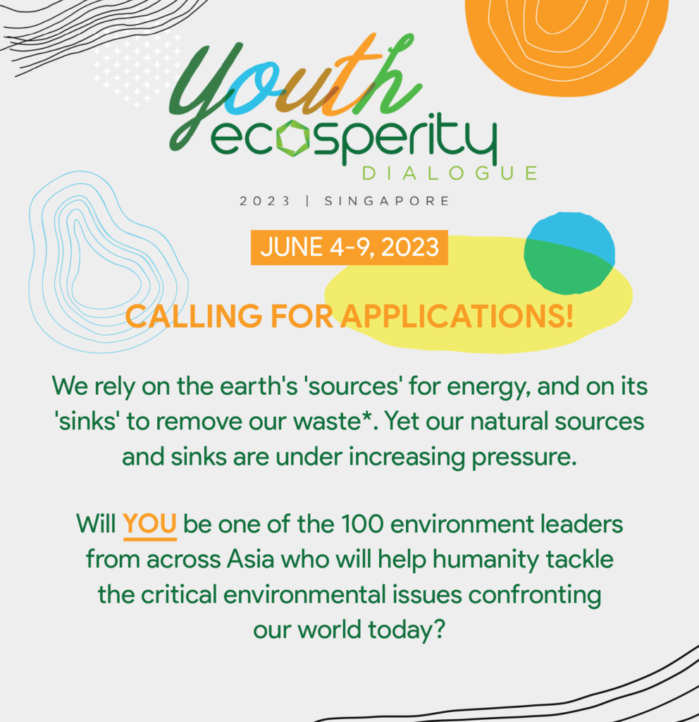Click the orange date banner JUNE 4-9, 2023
click(349, 247)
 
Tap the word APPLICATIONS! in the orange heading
click(457, 317)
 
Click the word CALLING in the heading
click(194, 317)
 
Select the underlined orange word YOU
click(149, 524)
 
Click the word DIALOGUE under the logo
click(450, 173)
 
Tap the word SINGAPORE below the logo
click(387, 201)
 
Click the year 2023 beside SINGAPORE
click(265, 201)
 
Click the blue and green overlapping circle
click(569, 253)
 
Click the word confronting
click(535, 595)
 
